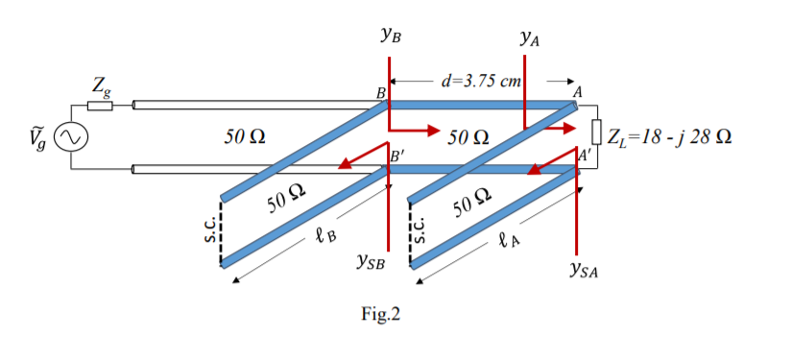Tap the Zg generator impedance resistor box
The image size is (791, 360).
point(100,105)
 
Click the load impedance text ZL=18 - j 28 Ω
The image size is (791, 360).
point(672,133)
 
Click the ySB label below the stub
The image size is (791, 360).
point(370,259)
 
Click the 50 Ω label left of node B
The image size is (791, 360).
point(238,136)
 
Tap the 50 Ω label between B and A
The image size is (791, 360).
point(470,136)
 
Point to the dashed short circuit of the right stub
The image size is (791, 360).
point(410,235)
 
